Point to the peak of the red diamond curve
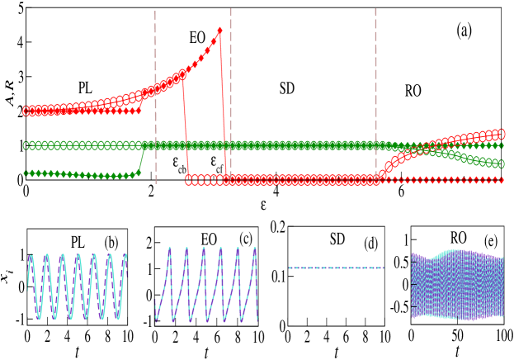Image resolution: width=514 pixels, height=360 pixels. tap(220, 30)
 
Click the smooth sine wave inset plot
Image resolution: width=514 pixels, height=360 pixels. tap(78, 285)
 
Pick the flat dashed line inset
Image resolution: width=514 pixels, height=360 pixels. tap(336, 268)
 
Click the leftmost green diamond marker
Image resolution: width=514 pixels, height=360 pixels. tap(26, 173)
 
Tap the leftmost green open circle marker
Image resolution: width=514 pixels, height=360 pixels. tap(26, 145)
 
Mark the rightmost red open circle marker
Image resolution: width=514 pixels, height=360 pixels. tap(500, 133)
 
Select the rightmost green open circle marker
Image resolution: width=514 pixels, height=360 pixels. tap(500, 164)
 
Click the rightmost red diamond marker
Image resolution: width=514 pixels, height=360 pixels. tap(500, 180)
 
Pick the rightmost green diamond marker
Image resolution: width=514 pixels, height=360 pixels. tap(500, 145)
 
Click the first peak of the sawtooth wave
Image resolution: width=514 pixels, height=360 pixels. tap(170, 248)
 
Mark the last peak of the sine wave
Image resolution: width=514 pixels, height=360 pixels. tap(125, 255)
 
